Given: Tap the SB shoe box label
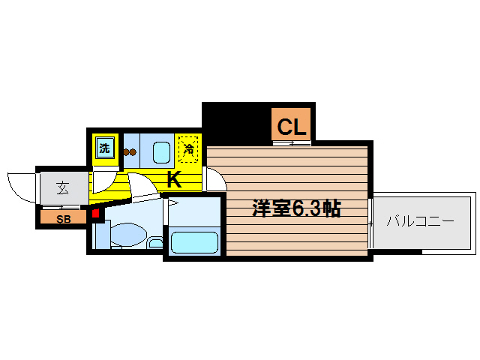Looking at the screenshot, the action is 63,219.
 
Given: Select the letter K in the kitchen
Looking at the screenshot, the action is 174,180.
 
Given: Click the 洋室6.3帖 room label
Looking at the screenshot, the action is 296,208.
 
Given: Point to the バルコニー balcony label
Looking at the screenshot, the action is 421,220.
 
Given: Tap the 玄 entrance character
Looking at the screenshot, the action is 63,188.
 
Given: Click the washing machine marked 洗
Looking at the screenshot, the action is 105,148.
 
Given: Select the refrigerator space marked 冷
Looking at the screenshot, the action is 188,149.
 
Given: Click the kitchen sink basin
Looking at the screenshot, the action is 161,152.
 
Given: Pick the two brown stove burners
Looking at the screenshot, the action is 130,151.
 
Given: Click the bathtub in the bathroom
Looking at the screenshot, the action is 194,242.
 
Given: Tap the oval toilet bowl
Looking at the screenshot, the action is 128,235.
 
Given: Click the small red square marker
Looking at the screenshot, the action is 96,213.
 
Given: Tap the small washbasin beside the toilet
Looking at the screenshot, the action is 156,243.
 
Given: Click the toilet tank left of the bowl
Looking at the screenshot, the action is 102,235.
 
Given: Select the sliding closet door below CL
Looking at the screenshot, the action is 292,143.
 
